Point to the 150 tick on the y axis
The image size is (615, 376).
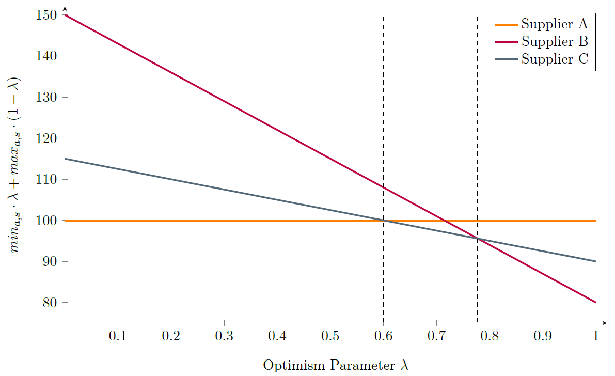click(x=48, y=15)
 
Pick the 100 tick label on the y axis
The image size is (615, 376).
click(x=48, y=221)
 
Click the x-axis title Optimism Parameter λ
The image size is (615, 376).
click(x=336, y=365)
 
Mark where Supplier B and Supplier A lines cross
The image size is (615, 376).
click(x=444, y=221)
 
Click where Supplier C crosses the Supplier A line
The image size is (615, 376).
click(x=383, y=221)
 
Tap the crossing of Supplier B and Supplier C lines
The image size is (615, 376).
click(x=477, y=239)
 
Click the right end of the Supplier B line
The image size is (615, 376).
click(x=596, y=302)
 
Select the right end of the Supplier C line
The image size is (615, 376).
click(x=596, y=261)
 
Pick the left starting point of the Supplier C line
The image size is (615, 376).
click(x=65, y=159)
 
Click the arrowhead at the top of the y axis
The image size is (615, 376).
click(x=65, y=8)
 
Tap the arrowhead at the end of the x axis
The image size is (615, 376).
click(x=605, y=323)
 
